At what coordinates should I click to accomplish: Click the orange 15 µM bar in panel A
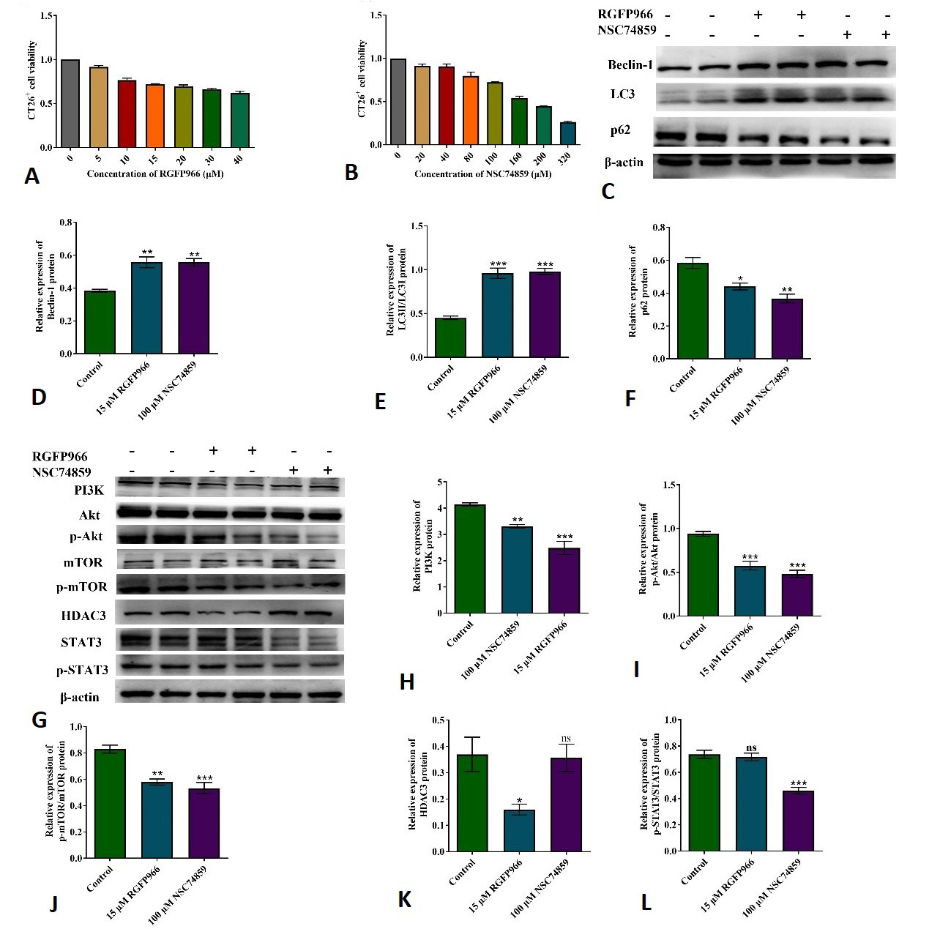pos(155,116)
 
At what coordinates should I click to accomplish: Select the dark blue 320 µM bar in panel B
pos(568,133)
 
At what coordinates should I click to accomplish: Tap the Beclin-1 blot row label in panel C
pos(630,64)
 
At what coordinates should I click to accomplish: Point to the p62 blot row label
pos(620,130)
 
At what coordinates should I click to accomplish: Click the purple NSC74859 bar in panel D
pos(194,308)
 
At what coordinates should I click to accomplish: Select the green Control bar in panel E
pos(450,338)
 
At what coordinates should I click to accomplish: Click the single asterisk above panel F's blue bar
pos(740,279)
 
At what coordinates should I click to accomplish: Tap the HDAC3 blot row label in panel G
pos(83,616)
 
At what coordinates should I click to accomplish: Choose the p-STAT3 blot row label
pos(82,670)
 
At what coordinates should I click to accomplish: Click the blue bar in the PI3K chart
pos(518,570)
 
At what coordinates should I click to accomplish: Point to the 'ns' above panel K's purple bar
pos(566,739)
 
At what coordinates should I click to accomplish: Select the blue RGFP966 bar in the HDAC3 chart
pos(519,831)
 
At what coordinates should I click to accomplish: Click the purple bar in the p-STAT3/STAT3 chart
pos(799,821)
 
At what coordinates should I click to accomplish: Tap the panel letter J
pos(53,905)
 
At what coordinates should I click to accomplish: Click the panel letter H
pos(407,682)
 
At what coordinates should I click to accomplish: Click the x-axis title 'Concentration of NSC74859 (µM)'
pos(482,174)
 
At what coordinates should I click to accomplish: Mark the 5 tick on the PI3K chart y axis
pos(439,482)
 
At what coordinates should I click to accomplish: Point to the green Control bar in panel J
pos(110,804)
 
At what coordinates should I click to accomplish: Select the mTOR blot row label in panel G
pos(83,563)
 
